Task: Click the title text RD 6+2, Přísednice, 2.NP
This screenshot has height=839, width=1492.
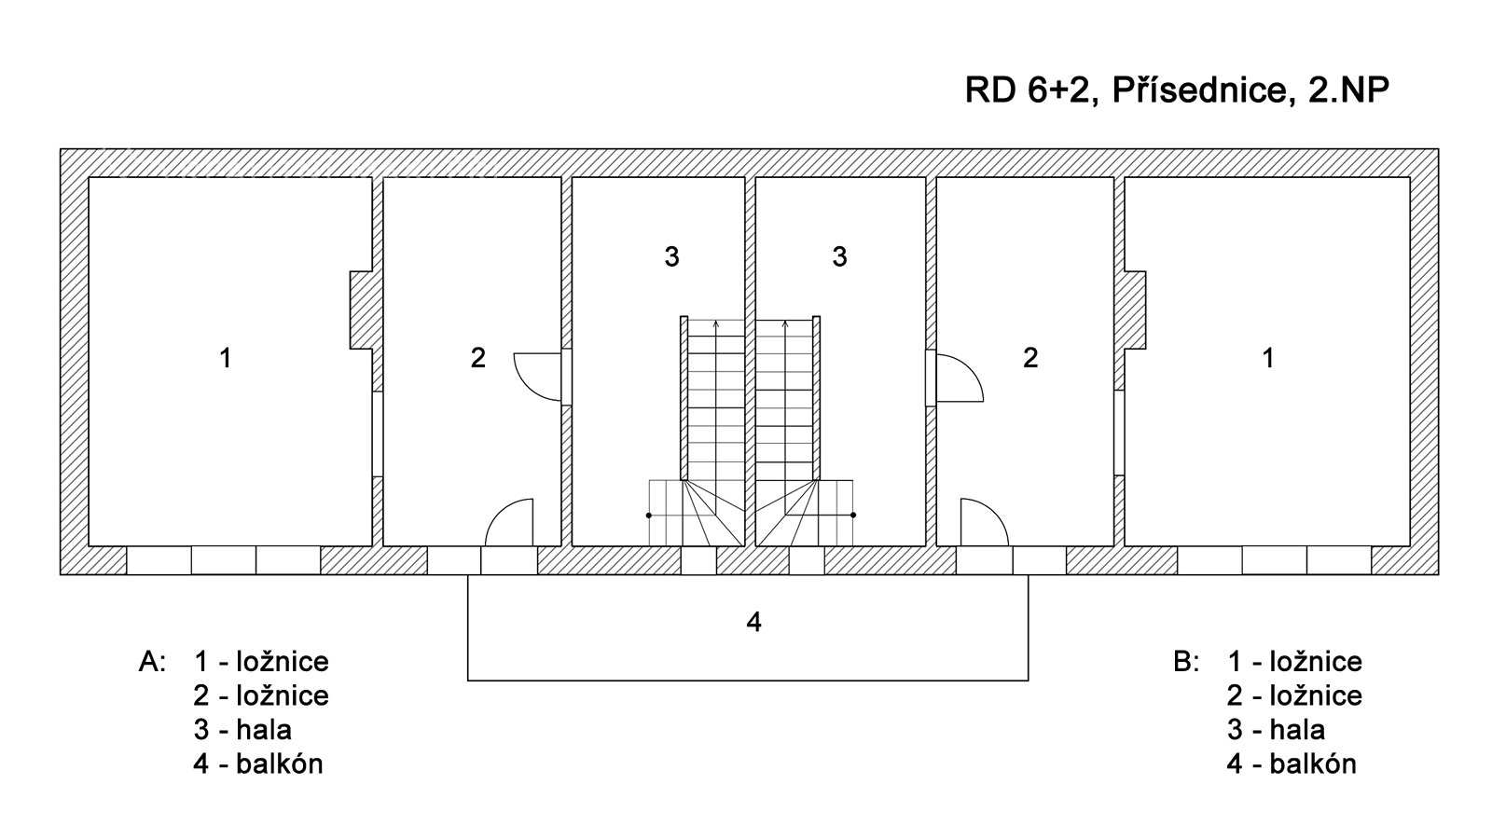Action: click(x=1178, y=91)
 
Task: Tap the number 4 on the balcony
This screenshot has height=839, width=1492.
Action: click(x=754, y=622)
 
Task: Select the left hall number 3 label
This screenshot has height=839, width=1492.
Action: click(x=671, y=256)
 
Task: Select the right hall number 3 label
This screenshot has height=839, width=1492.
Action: click(x=839, y=256)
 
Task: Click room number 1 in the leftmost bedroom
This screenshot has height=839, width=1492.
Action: click(x=225, y=357)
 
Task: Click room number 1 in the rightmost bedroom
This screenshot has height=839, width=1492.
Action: click(x=1267, y=357)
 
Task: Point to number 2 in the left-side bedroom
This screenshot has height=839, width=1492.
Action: click(x=478, y=357)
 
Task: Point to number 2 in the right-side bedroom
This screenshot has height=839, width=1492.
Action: click(x=1030, y=357)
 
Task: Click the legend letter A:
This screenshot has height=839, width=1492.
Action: click(x=152, y=662)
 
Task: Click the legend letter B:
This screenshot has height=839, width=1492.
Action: click(x=1186, y=662)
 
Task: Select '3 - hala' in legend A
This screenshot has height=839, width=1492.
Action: click(x=242, y=729)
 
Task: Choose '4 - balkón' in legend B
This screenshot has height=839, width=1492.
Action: click(x=1292, y=763)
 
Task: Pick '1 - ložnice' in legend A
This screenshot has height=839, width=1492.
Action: click(x=261, y=662)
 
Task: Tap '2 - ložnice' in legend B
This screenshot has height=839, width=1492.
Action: click(x=1294, y=695)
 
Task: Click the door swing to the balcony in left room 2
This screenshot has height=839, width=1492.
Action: click(x=509, y=522)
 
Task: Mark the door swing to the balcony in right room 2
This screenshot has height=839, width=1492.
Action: click(x=984, y=522)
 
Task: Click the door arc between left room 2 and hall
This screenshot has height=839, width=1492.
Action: click(x=537, y=377)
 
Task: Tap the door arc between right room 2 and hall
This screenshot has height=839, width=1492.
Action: click(x=960, y=377)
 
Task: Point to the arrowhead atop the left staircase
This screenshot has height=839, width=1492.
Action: click(x=715, y=323)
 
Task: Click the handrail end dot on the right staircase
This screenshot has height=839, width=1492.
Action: click(x=853, y=515)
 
